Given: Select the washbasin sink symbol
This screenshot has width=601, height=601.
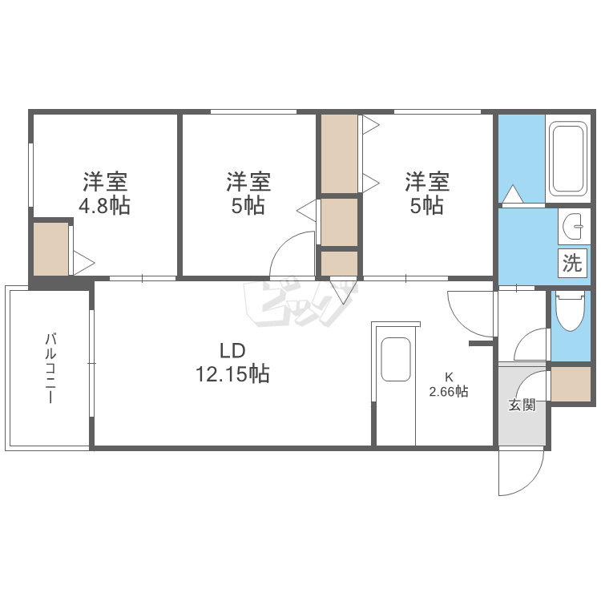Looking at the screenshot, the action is point(574,226).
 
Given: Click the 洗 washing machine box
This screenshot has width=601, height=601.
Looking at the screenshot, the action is point(572,262).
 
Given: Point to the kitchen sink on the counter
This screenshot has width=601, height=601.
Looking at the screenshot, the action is point(396,359).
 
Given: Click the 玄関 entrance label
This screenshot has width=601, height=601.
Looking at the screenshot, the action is point(522,405).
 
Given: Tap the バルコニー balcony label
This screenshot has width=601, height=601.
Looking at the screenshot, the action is point(50,369).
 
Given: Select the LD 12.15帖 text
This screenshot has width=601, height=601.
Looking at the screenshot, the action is point(232,362).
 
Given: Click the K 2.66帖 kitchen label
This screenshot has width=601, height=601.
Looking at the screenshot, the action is point(449,385).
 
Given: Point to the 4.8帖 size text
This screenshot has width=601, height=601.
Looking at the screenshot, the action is point(104,205).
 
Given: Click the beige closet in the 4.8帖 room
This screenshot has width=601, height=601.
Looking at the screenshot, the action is point(51,248).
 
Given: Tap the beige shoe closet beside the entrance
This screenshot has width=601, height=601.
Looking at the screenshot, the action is point(571,384).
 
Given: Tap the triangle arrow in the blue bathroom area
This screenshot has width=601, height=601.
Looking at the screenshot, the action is point(513,194).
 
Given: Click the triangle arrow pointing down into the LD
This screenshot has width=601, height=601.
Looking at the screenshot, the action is point(344,290).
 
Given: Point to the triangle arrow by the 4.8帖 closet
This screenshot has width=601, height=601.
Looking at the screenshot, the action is point(83,263).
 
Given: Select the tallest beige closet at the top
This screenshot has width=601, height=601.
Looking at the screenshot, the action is point(339,154).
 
